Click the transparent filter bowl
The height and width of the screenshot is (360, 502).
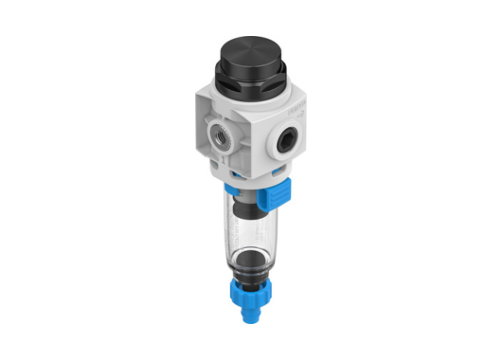[x=249, y=227]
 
